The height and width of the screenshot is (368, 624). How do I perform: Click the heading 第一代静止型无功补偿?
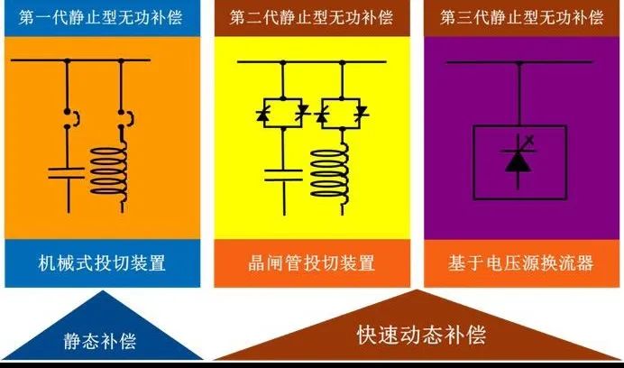(x=102, y=17)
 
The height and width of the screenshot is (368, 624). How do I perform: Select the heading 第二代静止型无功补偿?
(x=311, y=17)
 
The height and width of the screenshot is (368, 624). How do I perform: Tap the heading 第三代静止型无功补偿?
(x=520, y=17)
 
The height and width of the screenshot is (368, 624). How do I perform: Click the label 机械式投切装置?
(x=102, y=263)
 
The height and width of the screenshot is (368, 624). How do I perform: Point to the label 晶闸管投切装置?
(x=311, y=263)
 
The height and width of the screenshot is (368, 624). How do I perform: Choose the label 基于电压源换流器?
(x=520, y=263)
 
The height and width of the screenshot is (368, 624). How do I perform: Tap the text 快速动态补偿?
(x=420, y=336)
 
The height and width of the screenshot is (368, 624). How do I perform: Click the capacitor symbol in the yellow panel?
(x=282, y=172)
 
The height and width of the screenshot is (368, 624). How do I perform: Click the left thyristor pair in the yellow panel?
(x=282, y=114)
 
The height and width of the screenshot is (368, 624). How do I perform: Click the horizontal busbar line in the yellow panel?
(x=311, y=61)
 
